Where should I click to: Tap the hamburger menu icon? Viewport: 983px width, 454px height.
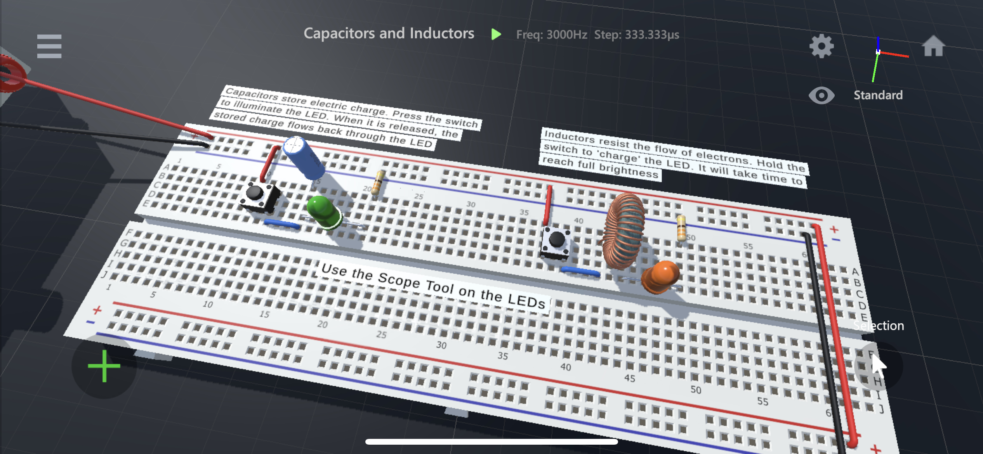click(49, 47)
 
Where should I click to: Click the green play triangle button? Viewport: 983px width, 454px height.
click(496, 34)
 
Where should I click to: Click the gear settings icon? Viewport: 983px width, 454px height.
click(821, 47)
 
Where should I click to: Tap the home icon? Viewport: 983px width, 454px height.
click(933, 46)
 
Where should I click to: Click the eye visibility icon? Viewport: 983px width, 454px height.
click(821, 95)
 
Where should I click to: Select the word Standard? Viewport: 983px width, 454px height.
click(878, 95)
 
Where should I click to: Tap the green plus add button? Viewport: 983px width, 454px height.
click(104, 366)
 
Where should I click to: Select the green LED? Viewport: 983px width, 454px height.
click(323, 212)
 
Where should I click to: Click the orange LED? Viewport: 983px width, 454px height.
click(661, 276)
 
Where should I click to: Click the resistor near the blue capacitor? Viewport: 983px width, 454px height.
click(377, 183)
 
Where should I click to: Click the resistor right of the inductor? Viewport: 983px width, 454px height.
click(681, 228)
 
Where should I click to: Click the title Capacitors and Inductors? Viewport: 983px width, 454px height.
click(389, 33)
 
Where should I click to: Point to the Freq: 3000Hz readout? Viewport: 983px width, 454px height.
click(551, 35)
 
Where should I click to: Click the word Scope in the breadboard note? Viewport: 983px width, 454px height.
click(399, 280)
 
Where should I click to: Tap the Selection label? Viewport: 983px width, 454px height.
click(879, 326)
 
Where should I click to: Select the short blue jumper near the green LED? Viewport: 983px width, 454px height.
click(282, 224)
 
